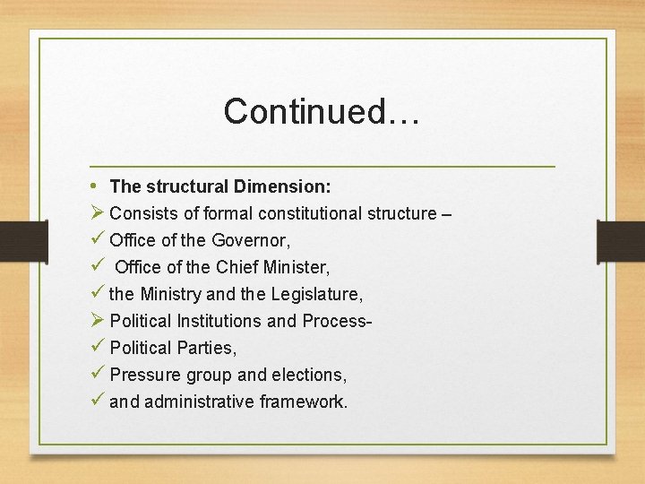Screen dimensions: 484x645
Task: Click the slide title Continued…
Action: (x=322, y=111)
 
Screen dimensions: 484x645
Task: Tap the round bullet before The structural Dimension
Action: (x=96, y=186)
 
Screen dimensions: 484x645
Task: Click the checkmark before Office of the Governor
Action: (x=98, y=240)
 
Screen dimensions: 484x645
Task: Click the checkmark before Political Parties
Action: (x=98, y=348)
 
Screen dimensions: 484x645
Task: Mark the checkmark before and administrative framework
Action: (x=98, y=402)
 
